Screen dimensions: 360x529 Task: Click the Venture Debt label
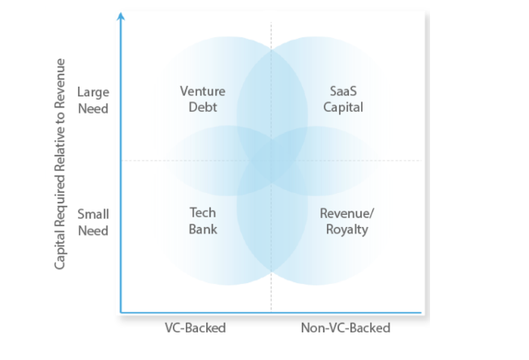[x=202, y=99]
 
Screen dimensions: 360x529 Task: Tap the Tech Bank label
[x=203, y=221]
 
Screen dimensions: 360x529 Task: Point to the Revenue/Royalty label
[x=346, y=221]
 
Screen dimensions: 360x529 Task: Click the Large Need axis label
[x=92, y=101]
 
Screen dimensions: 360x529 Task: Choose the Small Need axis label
[x=92, y=222]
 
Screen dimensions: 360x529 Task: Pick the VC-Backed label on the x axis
[x=195, y=328]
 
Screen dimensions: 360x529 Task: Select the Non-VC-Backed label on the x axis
[x=346, y=328]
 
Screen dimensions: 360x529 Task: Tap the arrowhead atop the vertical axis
[x=121, y=15]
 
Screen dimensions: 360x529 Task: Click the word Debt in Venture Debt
[x=202, y=107]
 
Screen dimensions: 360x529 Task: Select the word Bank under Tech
[x=203, y=229]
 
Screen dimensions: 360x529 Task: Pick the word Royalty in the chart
[x=346, y=229]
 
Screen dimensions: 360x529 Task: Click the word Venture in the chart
[x=202, y=91]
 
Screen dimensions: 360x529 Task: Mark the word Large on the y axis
[x=92, y=92]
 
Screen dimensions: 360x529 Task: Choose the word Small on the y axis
[x=92, y=214]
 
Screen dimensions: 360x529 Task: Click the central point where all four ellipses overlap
[x=270, y=160]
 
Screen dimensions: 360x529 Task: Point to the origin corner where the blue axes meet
[x=121, y=311]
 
